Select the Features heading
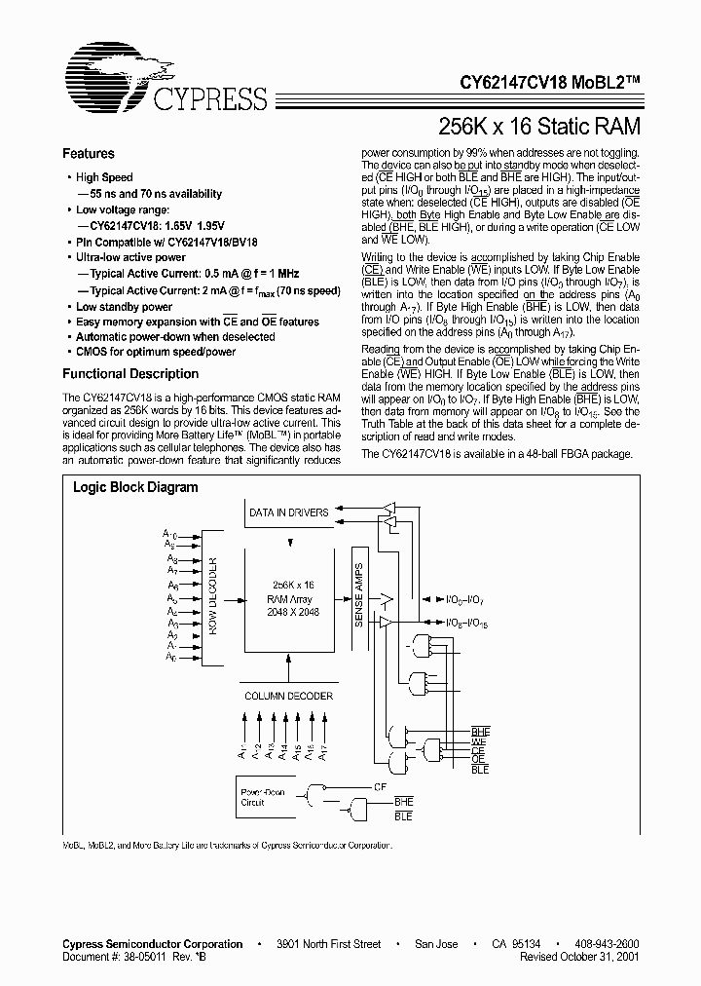(88, 154)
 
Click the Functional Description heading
(130, 374)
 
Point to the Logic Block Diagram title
(135, 487)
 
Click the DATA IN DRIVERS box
(289, 512)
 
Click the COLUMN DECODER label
(288, 696)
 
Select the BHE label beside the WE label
(481, 731)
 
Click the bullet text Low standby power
(124, 307)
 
